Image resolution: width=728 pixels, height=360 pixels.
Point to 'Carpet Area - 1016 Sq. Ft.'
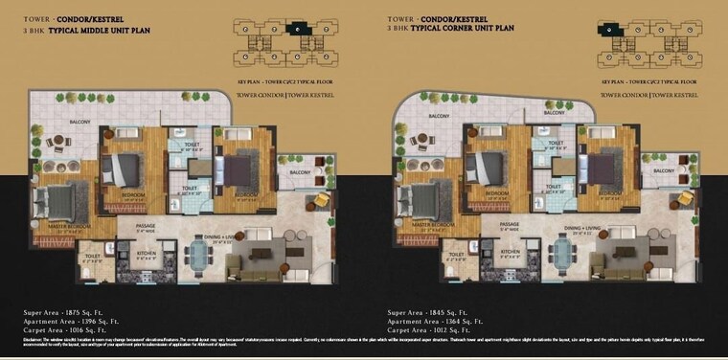(x=75, y=328)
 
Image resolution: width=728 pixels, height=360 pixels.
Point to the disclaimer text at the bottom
(x=364, y=342)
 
